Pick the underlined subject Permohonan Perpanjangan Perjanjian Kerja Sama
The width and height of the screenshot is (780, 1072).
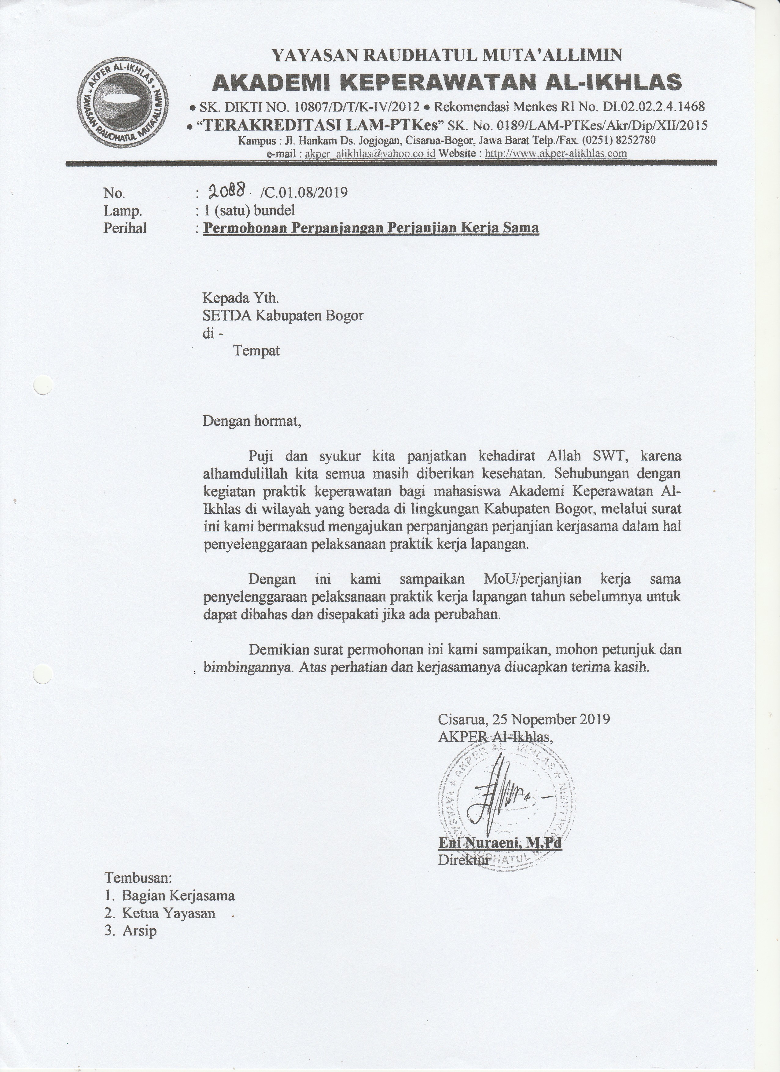click(x=371, y=228)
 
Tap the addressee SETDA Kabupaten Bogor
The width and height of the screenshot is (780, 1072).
click(x=283, y=315)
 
